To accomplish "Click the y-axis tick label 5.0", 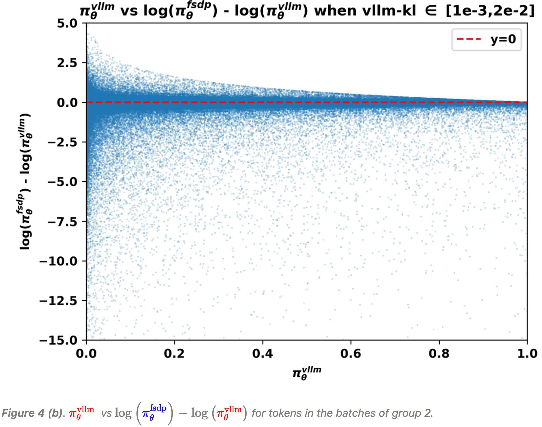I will (x=67, y=24).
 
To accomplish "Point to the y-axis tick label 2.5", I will (x=67, y=63).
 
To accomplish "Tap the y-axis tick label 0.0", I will (x=67, y=103).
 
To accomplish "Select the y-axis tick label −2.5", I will (x=63, y=142).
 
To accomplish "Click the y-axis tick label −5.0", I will (x=63, y=182).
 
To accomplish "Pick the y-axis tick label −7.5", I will (x=63, y=222).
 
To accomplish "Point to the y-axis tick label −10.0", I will (x=58, y=261).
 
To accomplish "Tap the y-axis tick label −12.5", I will (x=58, y=301).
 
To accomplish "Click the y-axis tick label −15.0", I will (x=58, y=340).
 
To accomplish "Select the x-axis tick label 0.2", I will (x=174, y=354).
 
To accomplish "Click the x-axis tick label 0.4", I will (x=263, y=354).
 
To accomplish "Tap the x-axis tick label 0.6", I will (x=351, y=354).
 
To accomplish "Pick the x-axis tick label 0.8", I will (x=439, y=354).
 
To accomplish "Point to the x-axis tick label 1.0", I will (x=527, y=354).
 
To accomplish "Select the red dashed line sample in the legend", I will (x=469, y=39).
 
